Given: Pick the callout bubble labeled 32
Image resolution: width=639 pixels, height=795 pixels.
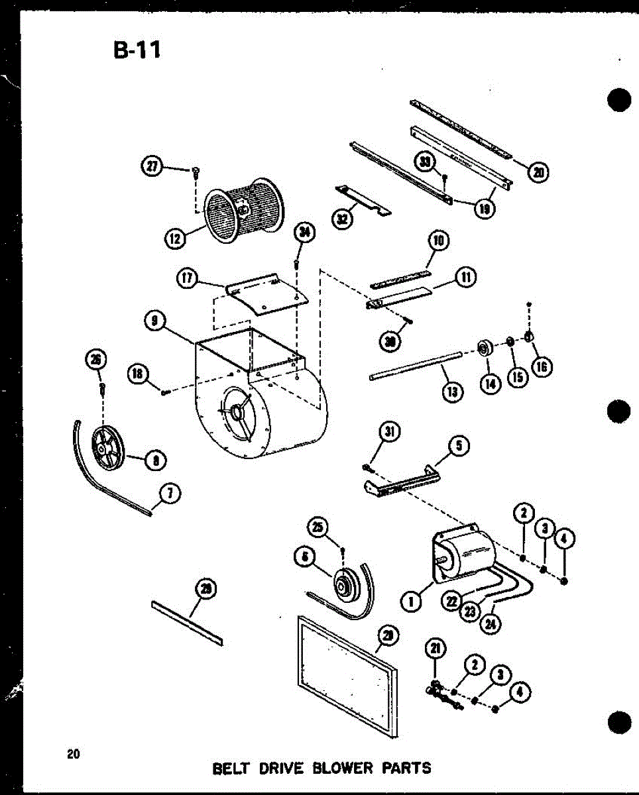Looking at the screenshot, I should point(342,219).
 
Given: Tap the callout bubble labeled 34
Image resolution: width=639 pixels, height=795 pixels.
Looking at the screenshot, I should point(306,232).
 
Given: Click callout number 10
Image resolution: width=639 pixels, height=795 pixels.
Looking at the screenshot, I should point(438,241).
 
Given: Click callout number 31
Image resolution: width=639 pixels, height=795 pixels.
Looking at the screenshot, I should point(390,432).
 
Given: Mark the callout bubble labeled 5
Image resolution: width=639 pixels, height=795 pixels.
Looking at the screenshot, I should point(459,447).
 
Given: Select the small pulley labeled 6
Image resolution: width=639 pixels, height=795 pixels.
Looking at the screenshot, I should point(347,584).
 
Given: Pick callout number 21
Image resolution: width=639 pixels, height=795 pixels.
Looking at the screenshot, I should point(437,651).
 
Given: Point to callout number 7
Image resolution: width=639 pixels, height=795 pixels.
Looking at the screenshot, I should point(170,493).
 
